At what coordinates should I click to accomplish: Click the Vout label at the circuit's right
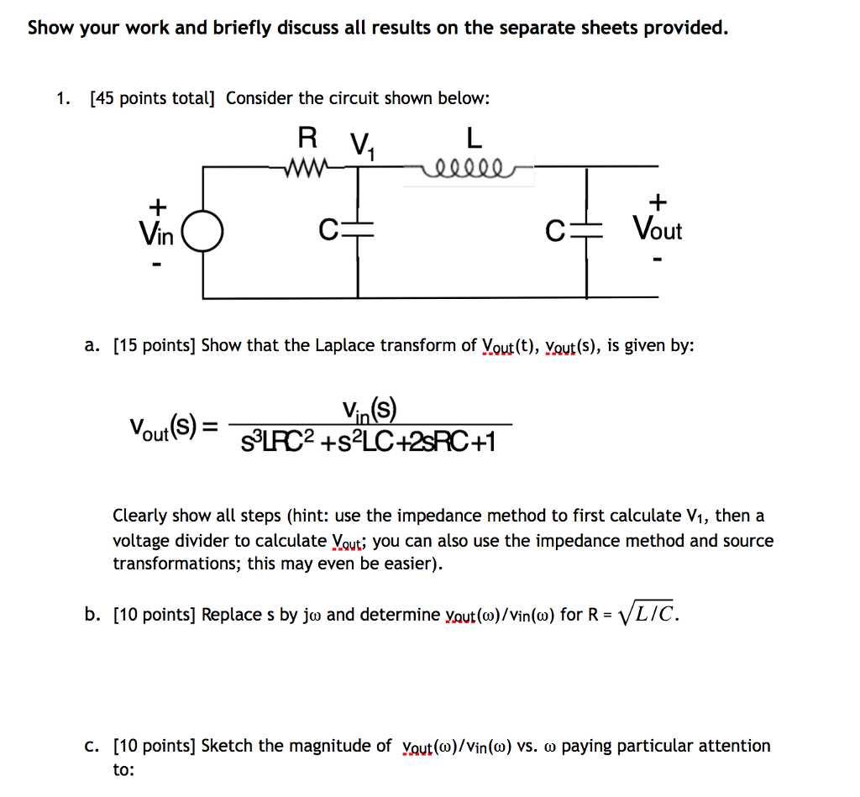(658, 229)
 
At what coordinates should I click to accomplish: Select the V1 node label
(363, 148)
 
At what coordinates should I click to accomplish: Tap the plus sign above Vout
(658, 202)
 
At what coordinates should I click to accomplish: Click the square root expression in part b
(647, 615)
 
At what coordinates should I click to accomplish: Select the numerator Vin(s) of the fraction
(369, 411)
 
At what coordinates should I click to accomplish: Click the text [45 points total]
(152, 98)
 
